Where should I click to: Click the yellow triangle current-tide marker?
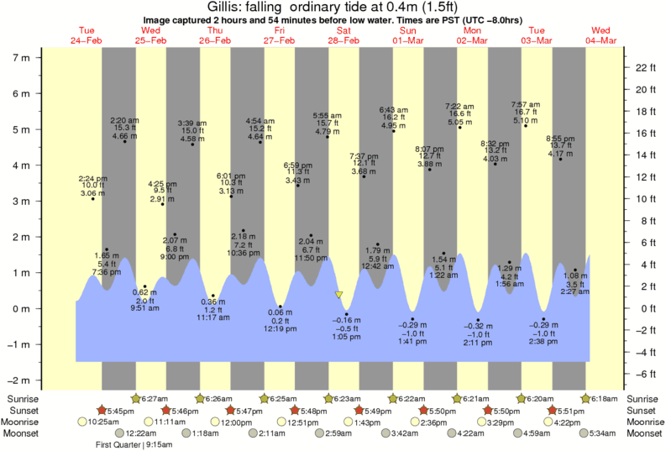tap(338, 295)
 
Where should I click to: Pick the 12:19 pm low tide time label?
tap(280, 328)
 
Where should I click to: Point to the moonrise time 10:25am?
tap(104, 422)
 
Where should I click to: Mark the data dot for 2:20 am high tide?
tap(124, 141)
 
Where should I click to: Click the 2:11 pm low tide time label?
tap(478, 343)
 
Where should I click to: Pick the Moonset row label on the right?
tap(642, 433)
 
